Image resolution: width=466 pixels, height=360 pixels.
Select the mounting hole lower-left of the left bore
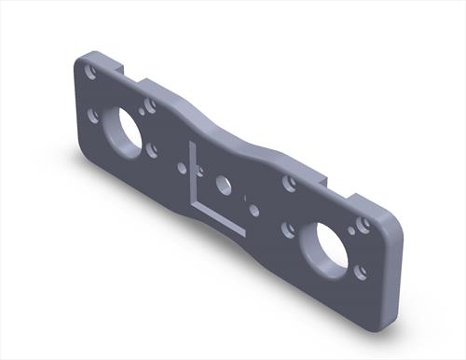93,115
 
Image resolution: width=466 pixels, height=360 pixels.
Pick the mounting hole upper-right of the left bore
148,106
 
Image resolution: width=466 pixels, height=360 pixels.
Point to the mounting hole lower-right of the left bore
151,148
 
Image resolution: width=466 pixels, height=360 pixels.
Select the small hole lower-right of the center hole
253,210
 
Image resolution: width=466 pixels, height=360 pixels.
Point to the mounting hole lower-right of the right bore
359,271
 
